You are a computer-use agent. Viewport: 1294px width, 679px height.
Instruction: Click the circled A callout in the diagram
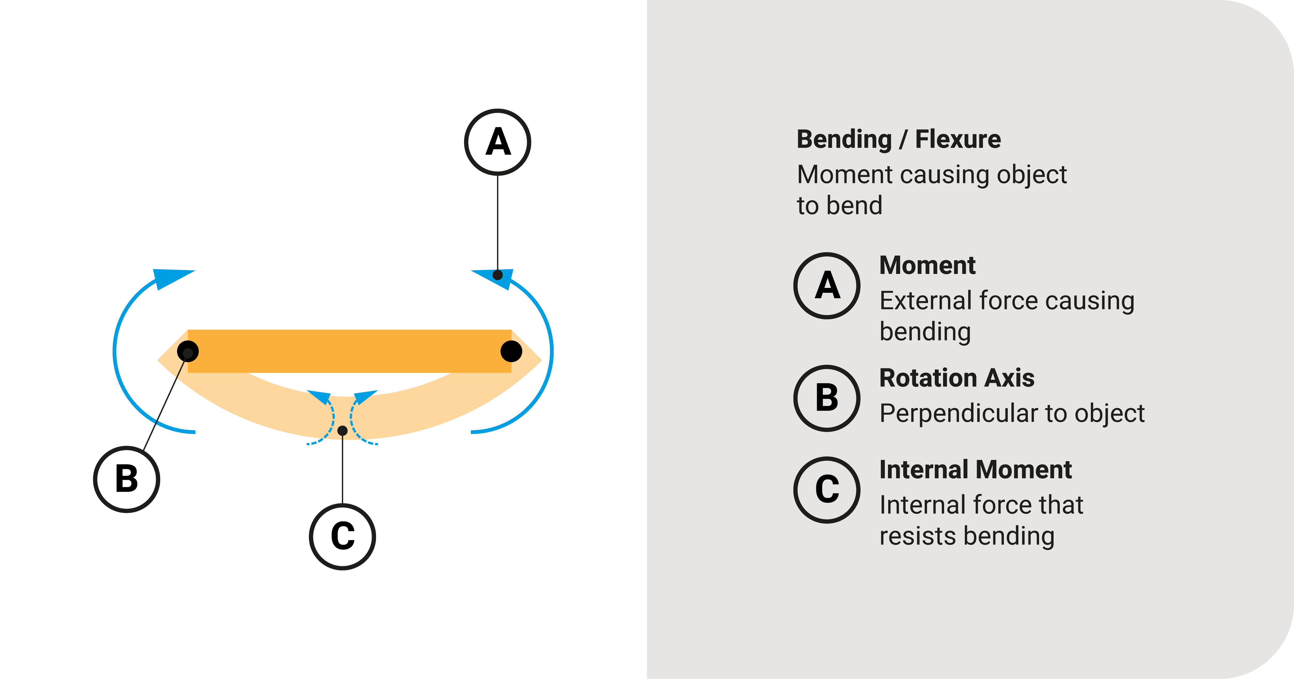[497, 142]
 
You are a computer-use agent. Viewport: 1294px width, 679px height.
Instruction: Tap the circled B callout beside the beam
[127, 479]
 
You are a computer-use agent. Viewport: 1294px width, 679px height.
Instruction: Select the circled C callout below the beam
[343, 536]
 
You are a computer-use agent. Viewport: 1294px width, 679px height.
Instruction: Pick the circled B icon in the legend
[827, 398]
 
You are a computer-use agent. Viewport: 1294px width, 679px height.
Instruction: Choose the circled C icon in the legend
[827, 490]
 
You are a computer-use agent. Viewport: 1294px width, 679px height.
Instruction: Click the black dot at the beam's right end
[511, 351]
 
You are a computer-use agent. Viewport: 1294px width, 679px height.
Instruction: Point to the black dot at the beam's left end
[188, 351]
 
